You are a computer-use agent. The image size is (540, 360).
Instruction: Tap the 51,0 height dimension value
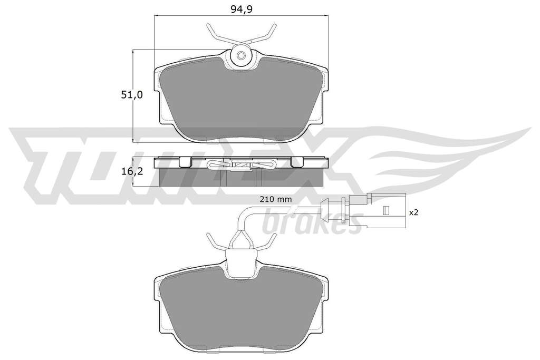click(x=131, y=95)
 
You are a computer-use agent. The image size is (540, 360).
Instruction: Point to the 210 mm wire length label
click(x=274, y=199)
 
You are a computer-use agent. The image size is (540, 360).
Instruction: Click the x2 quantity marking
click(x=413, y=213)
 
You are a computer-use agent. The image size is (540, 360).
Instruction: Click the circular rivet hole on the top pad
click(x=240, y=55)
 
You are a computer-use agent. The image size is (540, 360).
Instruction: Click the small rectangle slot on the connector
click(x=386, y=210)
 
